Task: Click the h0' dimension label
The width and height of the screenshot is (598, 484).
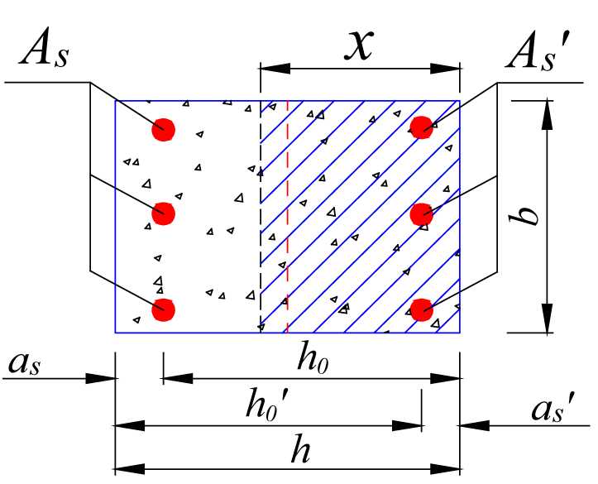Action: coord(267,406)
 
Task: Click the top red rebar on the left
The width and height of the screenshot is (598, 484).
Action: coord(164,128)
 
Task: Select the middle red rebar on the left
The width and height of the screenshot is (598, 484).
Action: coord(164,213)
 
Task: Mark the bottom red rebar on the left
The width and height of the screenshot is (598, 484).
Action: coord(164,309)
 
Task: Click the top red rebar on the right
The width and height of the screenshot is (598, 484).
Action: coord(422,127)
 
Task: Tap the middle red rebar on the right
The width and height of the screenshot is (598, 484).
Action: coord(422,213)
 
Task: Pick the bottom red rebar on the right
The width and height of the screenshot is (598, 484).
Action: coord(422,309)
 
